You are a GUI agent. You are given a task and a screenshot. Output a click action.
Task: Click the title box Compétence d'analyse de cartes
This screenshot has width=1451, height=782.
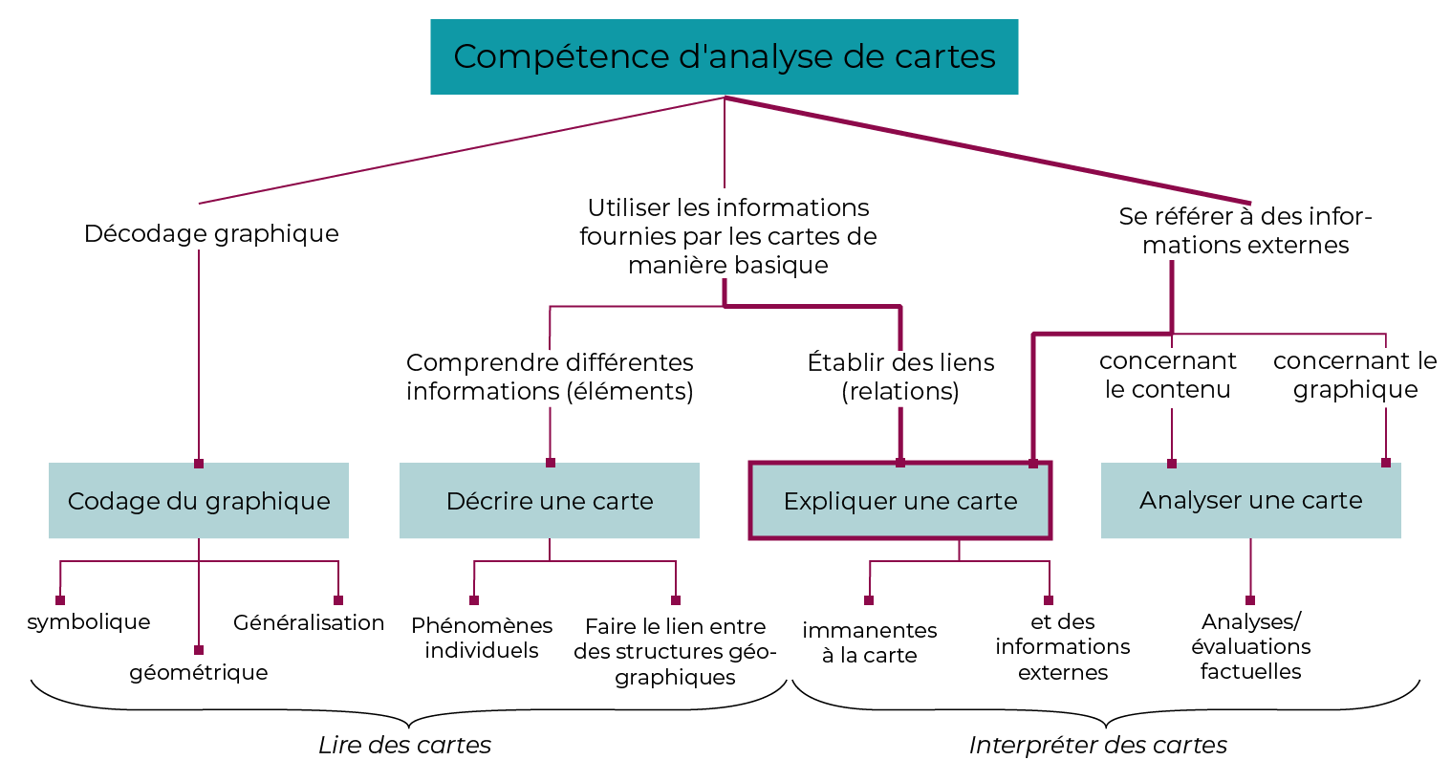[x=724, y=56]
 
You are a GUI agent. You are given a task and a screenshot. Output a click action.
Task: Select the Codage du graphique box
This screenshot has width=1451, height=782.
[x=199, y=501]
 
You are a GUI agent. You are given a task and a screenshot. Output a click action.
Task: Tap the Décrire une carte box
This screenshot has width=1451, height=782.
[x=550, y=501]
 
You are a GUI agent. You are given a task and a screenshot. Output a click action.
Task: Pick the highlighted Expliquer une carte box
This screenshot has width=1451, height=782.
[x=899, y=501]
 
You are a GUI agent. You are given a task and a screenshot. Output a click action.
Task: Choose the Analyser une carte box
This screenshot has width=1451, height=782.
[x=1250, y=500]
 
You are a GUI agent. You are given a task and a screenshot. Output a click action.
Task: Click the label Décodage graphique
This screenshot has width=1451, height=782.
[x=211, y=233]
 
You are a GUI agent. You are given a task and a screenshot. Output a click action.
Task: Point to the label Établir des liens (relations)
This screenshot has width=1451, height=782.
[x=900, y=377]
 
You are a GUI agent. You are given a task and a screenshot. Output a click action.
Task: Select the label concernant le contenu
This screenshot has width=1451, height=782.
[x=1168, y=375]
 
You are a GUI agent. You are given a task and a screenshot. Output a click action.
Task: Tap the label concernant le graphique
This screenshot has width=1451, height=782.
[x=1355, y=375]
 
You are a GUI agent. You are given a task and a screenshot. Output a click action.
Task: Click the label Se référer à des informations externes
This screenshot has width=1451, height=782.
[x=1245, y=230]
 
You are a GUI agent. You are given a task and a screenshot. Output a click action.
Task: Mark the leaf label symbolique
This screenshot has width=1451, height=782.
[x=89, y=622]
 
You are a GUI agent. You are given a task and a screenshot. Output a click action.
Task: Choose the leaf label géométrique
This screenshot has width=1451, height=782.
[x=199, y=672]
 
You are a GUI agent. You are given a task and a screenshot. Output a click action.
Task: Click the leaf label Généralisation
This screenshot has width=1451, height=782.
[x=309, y=622]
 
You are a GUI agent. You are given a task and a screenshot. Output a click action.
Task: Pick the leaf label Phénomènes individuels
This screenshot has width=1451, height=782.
[x=482, y=638]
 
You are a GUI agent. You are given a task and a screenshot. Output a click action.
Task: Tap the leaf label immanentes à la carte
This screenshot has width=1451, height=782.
[x=870, y=642]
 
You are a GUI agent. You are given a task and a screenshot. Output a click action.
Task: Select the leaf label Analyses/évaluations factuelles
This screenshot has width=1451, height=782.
[x=1250, y=646]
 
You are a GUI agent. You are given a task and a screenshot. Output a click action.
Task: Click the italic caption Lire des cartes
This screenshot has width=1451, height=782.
[x=404, y=745]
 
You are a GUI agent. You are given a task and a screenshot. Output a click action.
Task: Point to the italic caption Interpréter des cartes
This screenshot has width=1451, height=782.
[x=1097, y=745]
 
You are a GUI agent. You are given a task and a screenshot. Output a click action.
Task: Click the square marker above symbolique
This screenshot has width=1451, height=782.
[x=60, y=600]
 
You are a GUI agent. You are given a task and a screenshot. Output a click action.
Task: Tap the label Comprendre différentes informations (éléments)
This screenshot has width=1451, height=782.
[x=550, y=377]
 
